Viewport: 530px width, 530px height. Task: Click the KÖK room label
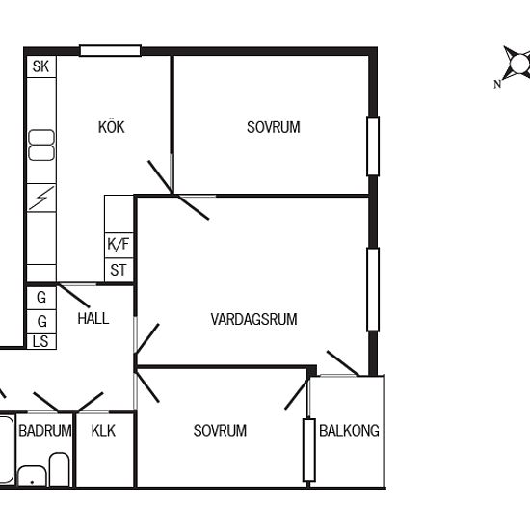coord(112,127)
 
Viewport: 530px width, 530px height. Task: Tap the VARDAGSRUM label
coord(253,319)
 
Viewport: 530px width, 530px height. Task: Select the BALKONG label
coord(349,431)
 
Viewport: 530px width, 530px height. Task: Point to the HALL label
coord(93,318)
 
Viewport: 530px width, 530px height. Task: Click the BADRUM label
coord(45,431)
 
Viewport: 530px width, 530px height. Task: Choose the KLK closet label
coord(103,431)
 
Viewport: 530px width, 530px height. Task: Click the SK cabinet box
coord(41,66)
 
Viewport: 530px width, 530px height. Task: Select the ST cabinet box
coord(119,270)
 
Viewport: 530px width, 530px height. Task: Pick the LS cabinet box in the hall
coord(41,341)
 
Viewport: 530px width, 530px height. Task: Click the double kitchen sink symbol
coord(41,145)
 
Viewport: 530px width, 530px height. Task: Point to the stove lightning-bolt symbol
coord(41,199)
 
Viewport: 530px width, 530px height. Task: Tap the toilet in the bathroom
coord(60,469)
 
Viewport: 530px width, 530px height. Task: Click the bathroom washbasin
coord(32,476)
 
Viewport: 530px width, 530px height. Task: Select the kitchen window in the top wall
coord(110,51)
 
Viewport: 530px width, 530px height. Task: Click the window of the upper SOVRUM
coord(373,146)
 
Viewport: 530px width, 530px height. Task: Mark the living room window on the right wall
coord(373,289)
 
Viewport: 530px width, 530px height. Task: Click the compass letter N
coord(497,84)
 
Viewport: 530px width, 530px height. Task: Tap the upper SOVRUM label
coord(274,127)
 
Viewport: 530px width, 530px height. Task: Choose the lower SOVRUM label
coord(220,431)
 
